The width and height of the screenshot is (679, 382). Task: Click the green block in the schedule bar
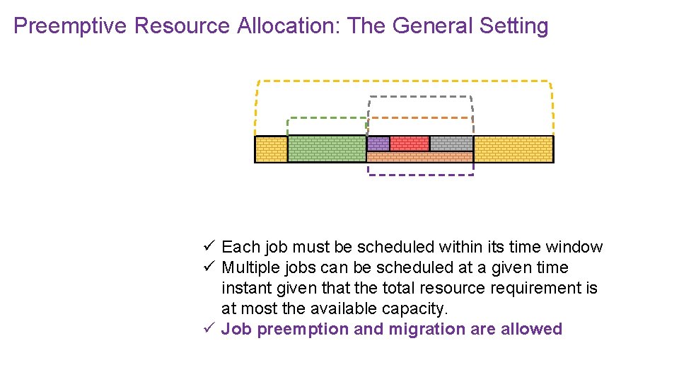[327, 149]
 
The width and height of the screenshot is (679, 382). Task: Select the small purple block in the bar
[378, 144]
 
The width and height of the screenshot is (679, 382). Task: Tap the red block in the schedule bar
[410, 144]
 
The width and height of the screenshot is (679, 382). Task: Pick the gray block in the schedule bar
[451, 144]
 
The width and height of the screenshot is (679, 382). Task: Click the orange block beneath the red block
[419, 157]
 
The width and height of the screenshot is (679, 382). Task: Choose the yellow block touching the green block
[271, 149]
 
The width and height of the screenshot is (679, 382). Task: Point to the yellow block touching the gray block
[513, 149]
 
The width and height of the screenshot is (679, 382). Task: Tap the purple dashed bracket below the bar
[420, 175]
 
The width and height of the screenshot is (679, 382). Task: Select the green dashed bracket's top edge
[327, 118]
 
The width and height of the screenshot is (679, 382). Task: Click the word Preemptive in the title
[70, 26]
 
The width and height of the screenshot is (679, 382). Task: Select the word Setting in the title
[513, 26]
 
